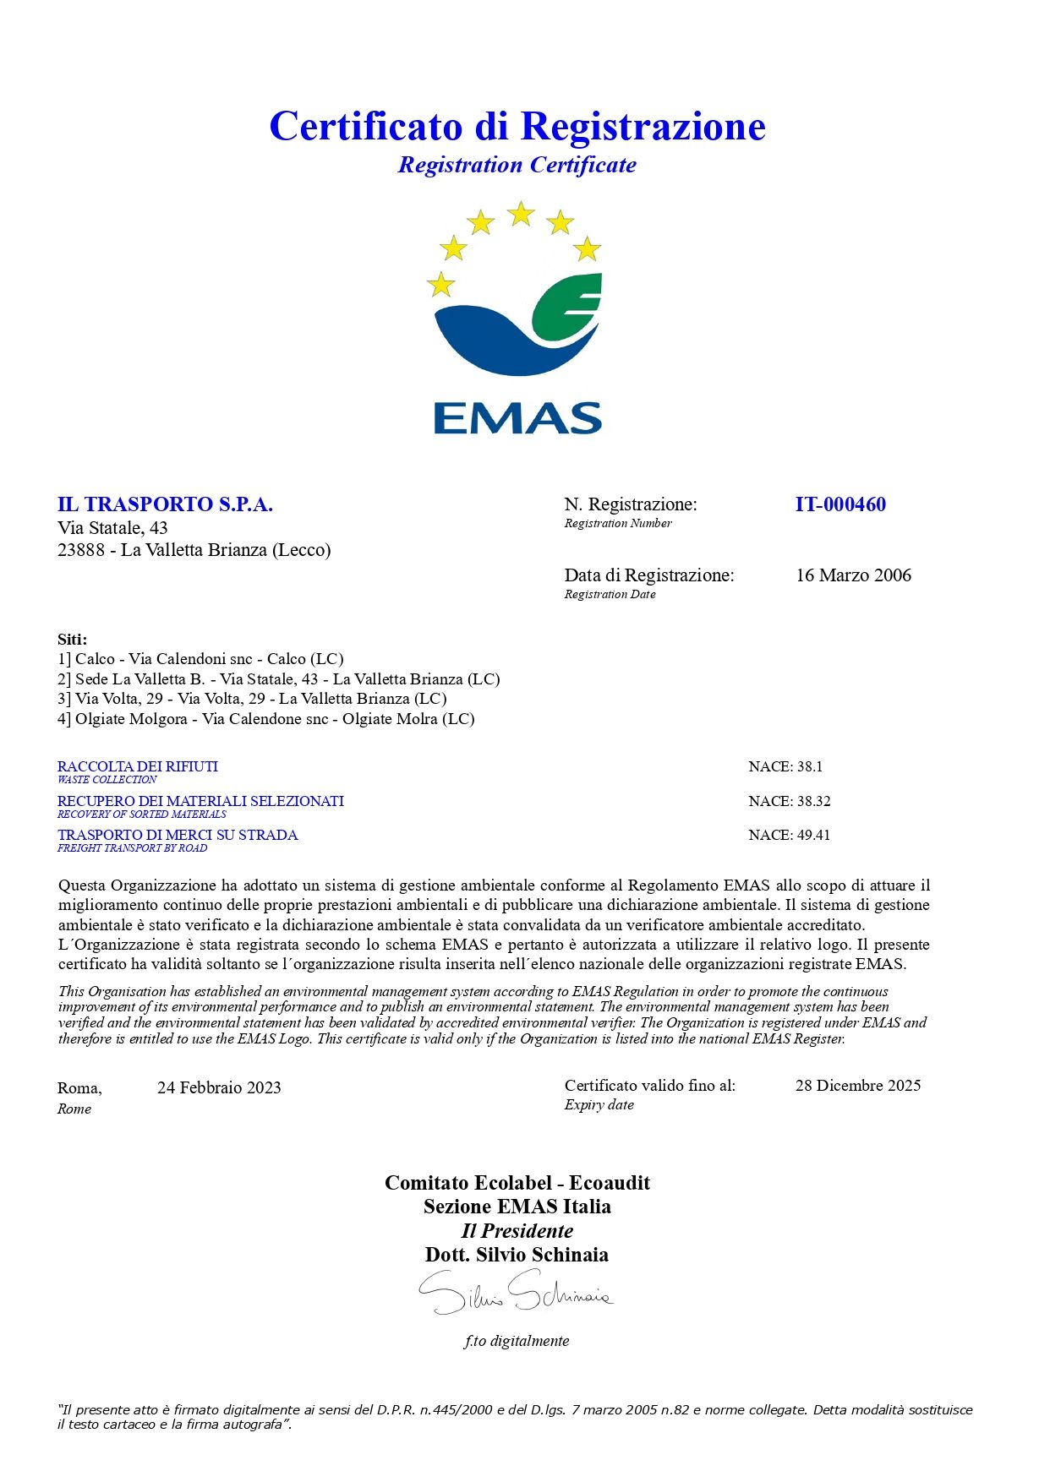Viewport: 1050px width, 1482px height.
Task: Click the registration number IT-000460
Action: pyautogui.click(x=840, y=504)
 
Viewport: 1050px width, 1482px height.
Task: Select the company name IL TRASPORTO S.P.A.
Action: pyautogui.click(x=165, y=504)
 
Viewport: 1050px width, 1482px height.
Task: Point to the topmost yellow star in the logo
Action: pyautogui.click(x=521, y=214)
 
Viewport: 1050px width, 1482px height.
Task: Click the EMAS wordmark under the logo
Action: pyautogui.click(x=517, y=418)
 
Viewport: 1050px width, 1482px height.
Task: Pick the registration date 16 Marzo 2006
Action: pyautogui.click(x=853, y=575)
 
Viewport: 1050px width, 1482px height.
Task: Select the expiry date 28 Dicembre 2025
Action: pyautogui.click(x=857, y=1086)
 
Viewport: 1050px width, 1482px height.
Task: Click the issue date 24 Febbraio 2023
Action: pyautogui.click(x=219, y=1087)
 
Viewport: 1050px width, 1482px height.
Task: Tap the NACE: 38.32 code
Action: pyautogui.click(x=790, y=801)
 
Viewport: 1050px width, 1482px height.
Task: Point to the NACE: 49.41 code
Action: pyautogui.click(x=790, y=835)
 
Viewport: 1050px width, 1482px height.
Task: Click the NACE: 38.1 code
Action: pyautogui.click(x=785, y=766)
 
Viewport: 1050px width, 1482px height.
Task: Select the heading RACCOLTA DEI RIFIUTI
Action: pyautogui.click(x=138, y=766)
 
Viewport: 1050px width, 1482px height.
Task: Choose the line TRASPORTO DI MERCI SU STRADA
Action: pyautogui.click(x=178, y=835)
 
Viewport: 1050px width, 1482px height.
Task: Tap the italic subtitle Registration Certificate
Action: pyautogui.click(x=517, y=165)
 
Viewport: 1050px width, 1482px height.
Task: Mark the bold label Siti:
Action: pyautogui.click(x=72, y=640)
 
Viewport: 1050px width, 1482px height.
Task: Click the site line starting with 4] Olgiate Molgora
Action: pyautogui.click(x=266, y=719)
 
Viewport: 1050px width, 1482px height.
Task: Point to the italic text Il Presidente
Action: pyautogui.click(x=517, y=1231)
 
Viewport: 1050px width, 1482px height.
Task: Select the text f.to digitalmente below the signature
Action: pyautogui.click(x=517, y=1341)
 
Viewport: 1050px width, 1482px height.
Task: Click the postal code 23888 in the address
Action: pyautogui.click(x=81, y=550)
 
